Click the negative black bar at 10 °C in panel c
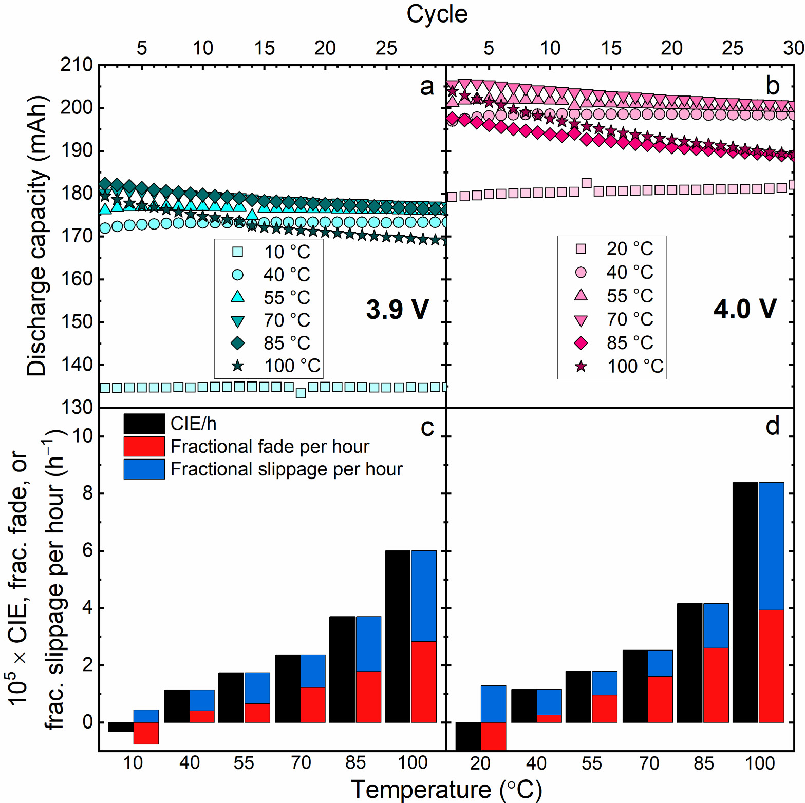tap(121, 726)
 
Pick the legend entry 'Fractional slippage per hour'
tap(286, 469)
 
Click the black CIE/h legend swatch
tap(144, 424)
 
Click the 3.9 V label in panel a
tap(397, 310)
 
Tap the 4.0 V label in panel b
tap(744, 309)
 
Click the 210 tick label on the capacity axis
tap(77, 65)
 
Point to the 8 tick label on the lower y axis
tap(87, 493)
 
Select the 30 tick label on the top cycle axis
tap(793, 48)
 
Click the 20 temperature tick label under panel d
tap(480, 763)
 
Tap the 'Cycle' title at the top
tap(437, 14)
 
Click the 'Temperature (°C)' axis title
tap(446, 790)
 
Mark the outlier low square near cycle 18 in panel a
tap(301, 393)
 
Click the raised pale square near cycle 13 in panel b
tap(586, 183)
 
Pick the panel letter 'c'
tap(427, 428)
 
